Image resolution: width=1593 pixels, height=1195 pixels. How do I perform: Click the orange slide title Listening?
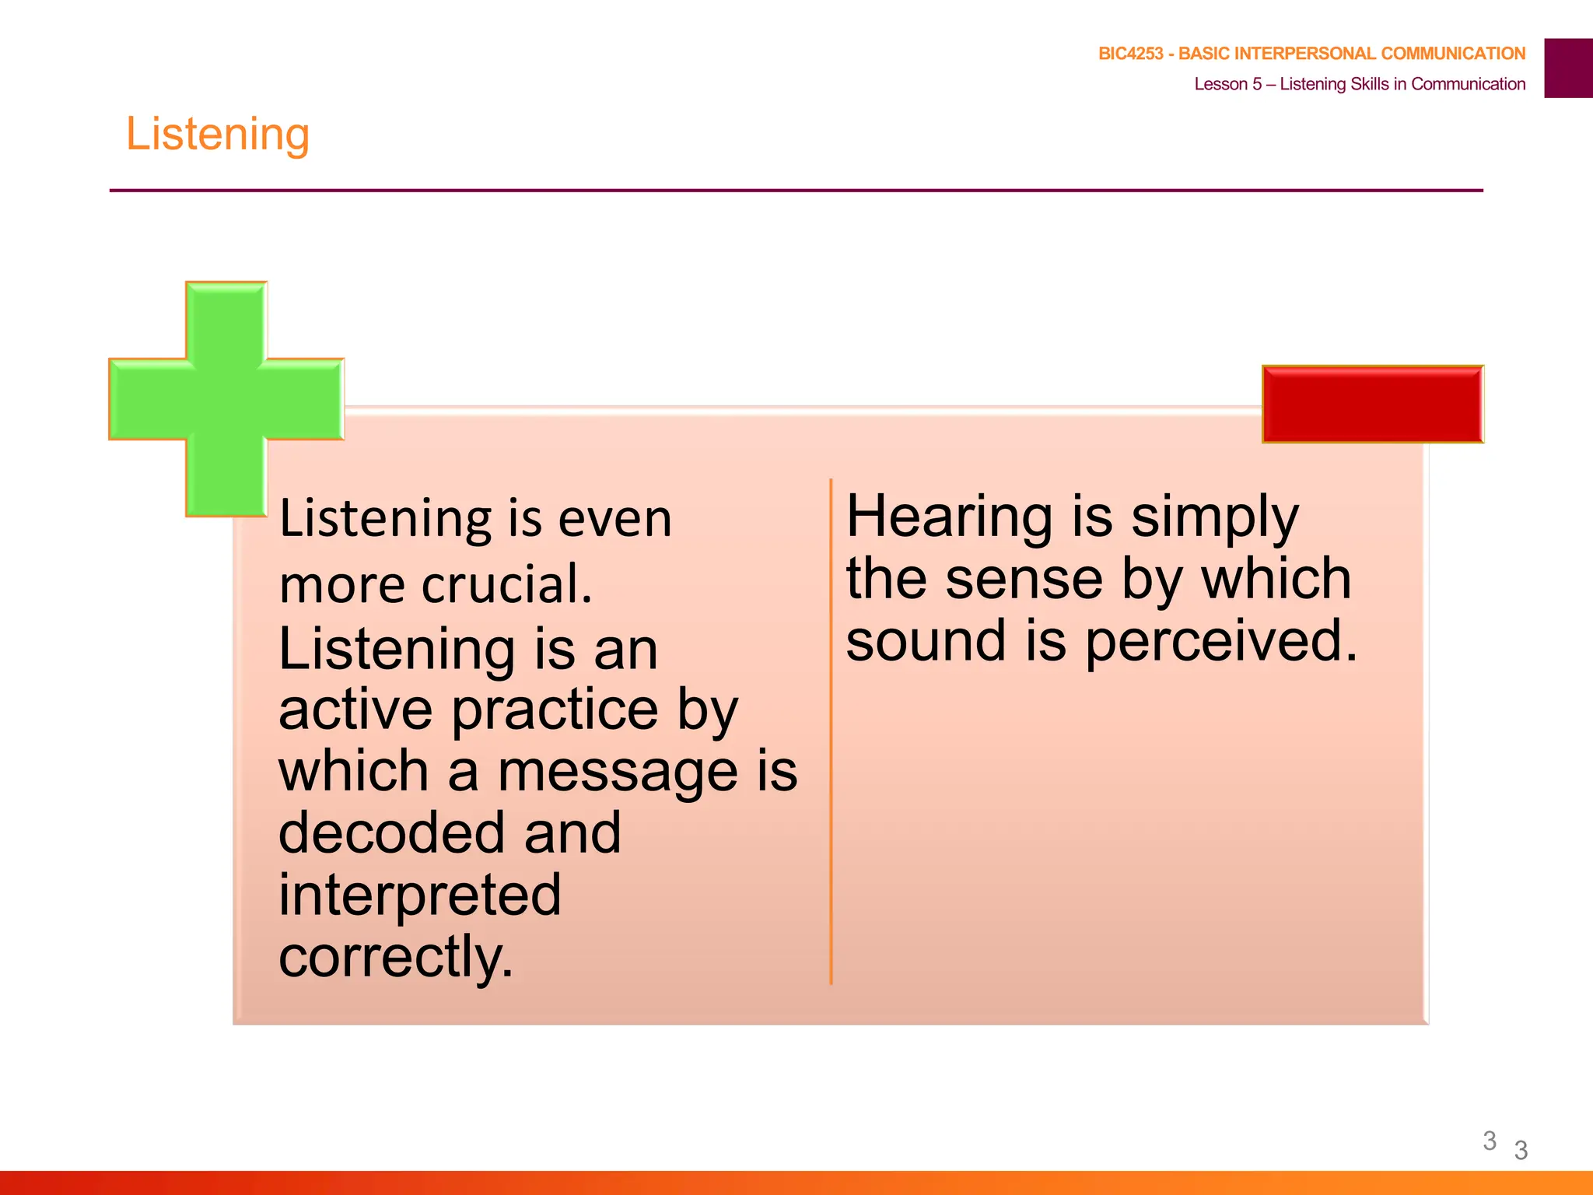pos(218,135)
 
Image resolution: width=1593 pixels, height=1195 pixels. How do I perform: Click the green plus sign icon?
pos(226,399)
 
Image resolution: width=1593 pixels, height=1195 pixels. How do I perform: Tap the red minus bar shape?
pos(1372,405)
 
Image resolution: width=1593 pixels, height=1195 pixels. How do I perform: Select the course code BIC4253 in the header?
pos(1130,54)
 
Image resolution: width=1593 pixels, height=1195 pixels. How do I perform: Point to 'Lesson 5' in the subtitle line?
pos(1227,84)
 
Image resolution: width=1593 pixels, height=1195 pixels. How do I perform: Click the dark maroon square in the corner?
pos(1568,68)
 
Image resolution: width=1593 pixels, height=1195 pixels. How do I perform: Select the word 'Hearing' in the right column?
pos(949,517)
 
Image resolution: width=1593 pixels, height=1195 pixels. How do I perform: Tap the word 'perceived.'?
pos(1221,642)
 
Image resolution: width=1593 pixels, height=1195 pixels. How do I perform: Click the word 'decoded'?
pos(394,833)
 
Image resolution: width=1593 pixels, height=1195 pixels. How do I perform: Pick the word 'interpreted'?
pos(419,895)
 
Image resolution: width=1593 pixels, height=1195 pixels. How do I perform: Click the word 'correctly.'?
pos(396,957)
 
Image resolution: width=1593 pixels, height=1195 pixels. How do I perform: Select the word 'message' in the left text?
pos(618,772)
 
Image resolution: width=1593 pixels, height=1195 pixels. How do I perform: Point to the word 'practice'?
pos(555,710)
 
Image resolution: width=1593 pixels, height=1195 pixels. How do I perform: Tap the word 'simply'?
pos(1214,518)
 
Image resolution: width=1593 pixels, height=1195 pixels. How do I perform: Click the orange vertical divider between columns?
pos(831,731)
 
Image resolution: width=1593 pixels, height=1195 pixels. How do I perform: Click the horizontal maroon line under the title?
pos(796,190)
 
